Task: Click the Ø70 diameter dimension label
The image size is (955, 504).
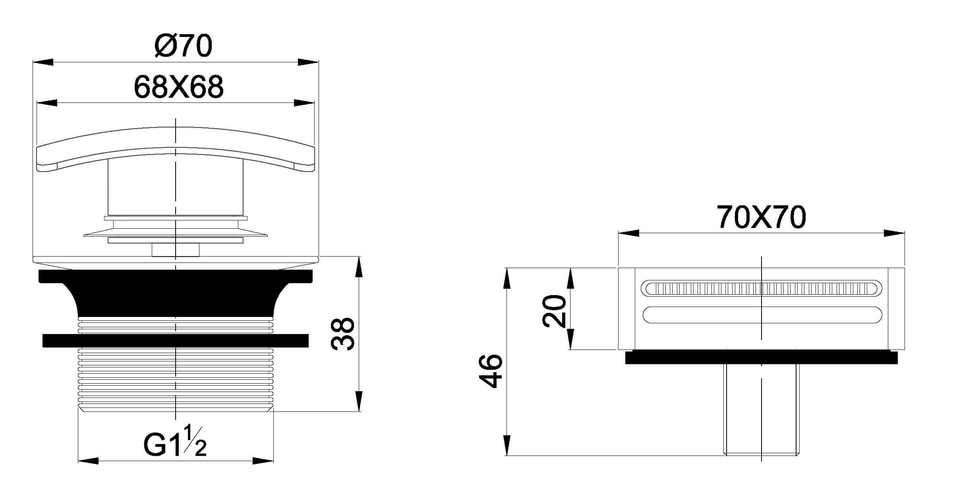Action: click(183, 45)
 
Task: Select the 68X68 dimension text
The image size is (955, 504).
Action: click(179, 87)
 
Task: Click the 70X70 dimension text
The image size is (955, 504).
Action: click(761, 218)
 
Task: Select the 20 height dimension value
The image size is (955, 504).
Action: click(555, 311)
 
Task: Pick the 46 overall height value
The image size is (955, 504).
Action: click(491, 371)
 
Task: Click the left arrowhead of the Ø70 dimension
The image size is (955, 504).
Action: click(43, 62)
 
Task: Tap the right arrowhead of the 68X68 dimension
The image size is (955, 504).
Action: click(304, 103)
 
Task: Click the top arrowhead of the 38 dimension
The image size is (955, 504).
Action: click(358, 266)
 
